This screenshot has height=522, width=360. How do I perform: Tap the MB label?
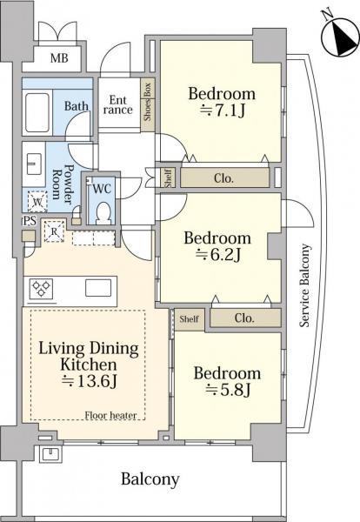click(59, 58)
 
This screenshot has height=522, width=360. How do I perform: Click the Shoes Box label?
click(148, 102)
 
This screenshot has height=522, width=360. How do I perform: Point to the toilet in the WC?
click(103, 212)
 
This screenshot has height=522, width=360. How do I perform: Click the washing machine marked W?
click(37, 202)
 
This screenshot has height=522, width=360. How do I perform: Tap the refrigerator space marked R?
click(55, 231)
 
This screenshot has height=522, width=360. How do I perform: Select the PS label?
click(30, 221)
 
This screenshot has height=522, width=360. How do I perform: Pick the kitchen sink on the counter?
click(98, 288)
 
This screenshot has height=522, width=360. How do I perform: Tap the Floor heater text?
click(110, 416)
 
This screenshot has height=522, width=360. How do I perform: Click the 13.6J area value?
click(90, 381)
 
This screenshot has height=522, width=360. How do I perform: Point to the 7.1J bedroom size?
click(222, 110)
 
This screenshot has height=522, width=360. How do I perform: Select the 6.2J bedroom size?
click(218, 255)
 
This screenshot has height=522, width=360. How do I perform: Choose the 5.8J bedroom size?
click(228, 389)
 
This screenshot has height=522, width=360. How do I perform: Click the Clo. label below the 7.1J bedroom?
click(224, 178)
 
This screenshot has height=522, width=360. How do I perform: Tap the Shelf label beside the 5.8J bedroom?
click(189, 319)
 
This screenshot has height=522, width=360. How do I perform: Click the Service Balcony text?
click(304, 285)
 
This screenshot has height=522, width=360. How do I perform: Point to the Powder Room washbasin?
click(34, 164)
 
